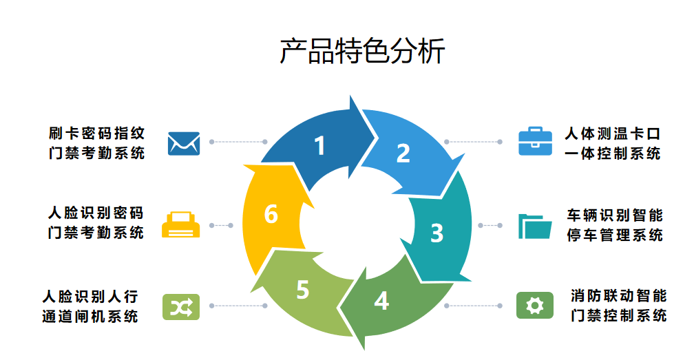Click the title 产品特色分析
tap(362, 52)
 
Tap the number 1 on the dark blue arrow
tap(319, 146)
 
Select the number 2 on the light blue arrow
tap(403, 153)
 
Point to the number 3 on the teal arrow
tap(437, 233)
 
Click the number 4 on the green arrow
tap(381, 301)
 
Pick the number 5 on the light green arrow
tap(302, 290)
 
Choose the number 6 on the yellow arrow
tap(271, 215)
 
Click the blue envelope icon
tap(184, 142)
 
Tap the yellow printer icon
tap(181, 224)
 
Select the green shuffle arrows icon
tap(180, 306)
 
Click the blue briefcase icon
tap(535, 142)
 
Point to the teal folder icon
tap(535, 226)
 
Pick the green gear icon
tap(535, 306)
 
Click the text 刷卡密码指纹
tap(96, 133)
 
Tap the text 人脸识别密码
tap(96, 213)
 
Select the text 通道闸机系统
tap(90, 317)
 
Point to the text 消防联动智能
tap(619, 296)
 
